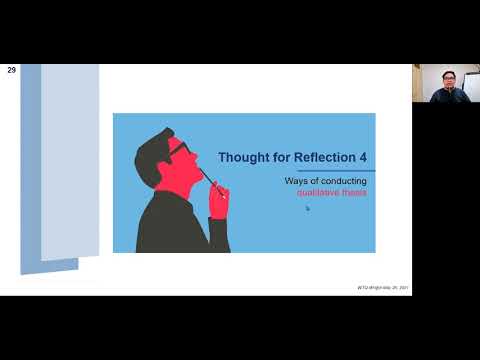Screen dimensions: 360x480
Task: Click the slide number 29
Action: pyautogui.click(x=11, y=71)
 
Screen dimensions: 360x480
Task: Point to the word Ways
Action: pyautogui.click(x=297, y=181)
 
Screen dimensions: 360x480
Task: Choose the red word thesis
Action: pyautogui.click(x=354, y=192)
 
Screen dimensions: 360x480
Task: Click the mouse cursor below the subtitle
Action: pyautogui.click(x=307, y=208)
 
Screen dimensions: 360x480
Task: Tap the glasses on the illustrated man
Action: pyautogui.click(x=178, y=150)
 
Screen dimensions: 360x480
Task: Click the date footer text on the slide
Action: pyautogui.click(x=383, y=288)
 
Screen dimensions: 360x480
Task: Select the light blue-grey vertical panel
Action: pyautogui.click(x=69, y=160)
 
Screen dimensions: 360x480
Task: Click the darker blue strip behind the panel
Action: pyautogui.click(x=30, y=170)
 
